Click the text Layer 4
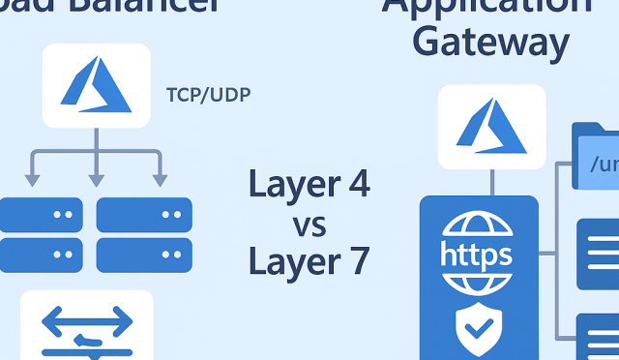(309, 183)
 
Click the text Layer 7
(309, 261)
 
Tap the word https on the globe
(476, 255)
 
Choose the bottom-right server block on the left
(144, 255)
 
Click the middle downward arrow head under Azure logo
(96, 179)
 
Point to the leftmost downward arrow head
(32, 179)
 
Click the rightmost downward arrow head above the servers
(159, 179)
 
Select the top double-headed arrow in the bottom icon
(87, 320)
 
